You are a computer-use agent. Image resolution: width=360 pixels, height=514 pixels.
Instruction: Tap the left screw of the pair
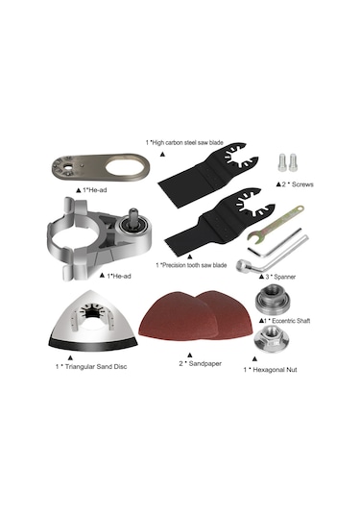tap(282, 162)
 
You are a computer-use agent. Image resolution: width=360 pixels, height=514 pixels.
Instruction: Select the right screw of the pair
tap(293, 162)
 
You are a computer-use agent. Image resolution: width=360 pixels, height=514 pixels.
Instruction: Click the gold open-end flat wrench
tap(276, 224)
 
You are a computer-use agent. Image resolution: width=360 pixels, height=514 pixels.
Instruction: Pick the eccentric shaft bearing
tap(273, 299)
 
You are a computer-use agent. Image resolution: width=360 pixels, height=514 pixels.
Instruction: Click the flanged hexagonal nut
tap(272, 339)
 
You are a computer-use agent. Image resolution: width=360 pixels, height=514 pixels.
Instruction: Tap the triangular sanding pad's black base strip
tap(93, 344)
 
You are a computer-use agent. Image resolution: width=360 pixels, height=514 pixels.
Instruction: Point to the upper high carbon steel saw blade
tap(209, 175)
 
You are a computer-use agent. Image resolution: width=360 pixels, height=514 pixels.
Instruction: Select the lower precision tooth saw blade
tap(219, 223)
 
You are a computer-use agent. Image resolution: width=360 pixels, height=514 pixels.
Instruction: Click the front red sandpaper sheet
tap(179, 315)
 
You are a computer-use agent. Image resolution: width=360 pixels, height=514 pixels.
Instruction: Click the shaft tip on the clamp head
tap(133, 213)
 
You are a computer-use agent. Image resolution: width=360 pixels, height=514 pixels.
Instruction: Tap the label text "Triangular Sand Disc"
tap(96, 366)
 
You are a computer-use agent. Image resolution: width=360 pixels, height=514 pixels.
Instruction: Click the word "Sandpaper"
tap(205, 363)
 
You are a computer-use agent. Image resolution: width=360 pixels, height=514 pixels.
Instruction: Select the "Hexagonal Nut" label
tap(275, 370)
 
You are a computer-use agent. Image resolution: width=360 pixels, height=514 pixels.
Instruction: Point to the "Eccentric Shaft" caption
tap(291, 321)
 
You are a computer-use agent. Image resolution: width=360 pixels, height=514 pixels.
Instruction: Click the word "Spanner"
tap(285, 277)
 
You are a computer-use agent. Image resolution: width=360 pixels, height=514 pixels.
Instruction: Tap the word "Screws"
tap(302, 184)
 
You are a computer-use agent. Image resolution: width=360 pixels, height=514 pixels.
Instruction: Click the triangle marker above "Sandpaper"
tap(190, 355)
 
